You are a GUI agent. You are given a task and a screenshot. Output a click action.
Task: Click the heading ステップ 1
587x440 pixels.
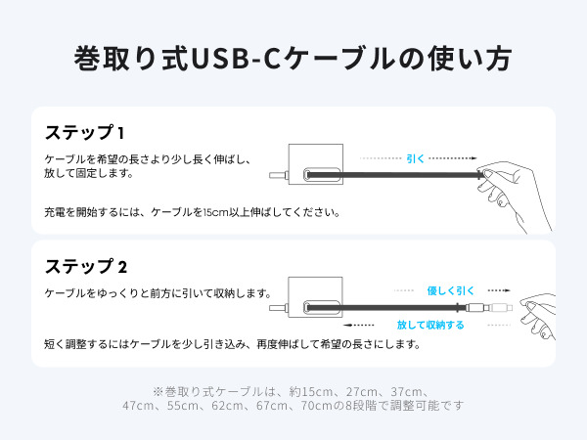click(x=84, y=132)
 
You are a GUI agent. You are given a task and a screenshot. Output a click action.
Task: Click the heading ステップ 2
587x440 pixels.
click(x=86, y=266)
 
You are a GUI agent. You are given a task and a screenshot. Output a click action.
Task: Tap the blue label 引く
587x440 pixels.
click(x=415, y=158)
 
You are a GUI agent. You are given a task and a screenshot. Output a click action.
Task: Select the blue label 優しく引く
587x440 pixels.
click(x=450, y=290)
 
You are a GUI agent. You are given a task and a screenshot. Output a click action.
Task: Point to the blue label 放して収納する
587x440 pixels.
click(x=430, y=325)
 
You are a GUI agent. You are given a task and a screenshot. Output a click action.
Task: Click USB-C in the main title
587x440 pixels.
click(x=236, y=59)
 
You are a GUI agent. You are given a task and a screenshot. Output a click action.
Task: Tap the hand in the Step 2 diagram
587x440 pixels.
click(x=537, y=316)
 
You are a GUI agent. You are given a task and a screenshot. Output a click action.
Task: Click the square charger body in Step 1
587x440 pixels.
click(x=316, y=164)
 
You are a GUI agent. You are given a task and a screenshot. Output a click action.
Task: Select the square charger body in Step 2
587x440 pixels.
click(x=315, y=297)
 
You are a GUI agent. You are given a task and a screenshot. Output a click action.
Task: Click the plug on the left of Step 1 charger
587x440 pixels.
click(x=279, y=175)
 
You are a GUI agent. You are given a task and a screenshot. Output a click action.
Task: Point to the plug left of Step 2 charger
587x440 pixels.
click(x=279, y=308)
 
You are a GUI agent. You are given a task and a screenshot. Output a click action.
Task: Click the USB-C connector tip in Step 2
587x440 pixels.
click(x=501, y=308)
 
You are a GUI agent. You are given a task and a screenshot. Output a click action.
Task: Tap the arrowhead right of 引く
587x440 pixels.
click(x=474, y=158)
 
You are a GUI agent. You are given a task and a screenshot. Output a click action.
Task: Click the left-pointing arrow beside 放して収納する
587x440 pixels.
click(x=358, y=325)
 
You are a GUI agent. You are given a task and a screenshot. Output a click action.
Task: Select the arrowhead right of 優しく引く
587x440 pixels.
click(x=507, y=290)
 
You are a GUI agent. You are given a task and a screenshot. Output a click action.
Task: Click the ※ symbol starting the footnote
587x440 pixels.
click(x=158, y=392)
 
